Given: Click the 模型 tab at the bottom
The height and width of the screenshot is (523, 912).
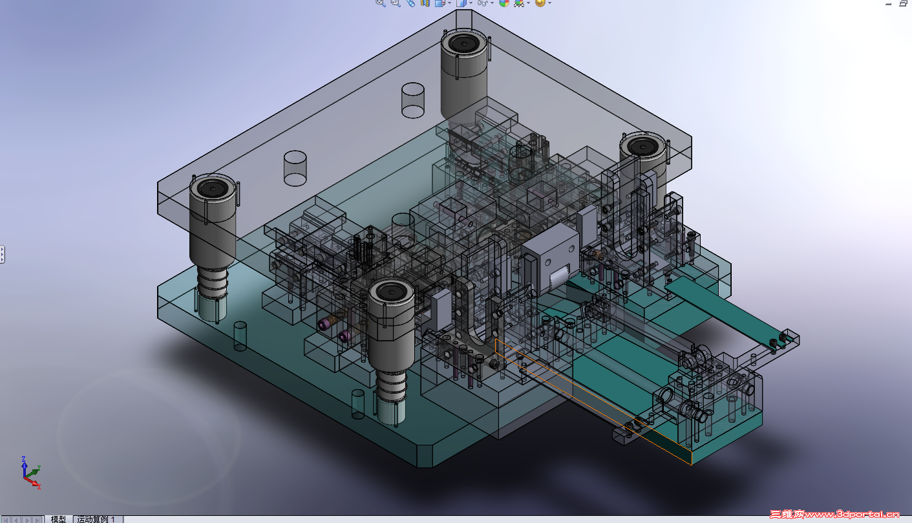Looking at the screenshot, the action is (58, 519).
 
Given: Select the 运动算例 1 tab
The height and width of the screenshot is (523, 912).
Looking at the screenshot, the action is (96, 519).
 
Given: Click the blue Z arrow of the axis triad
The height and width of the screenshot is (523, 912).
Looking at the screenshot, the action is (24, 466).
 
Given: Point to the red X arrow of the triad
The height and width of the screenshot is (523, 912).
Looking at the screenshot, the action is (33, 483).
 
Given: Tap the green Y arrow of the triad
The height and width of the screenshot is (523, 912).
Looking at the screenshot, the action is (32, 472).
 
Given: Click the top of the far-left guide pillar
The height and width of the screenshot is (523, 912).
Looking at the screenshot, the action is (213, 189).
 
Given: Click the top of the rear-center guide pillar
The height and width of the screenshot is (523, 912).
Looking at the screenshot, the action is (463, 43).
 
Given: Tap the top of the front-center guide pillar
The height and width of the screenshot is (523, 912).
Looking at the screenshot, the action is (391, 291).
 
